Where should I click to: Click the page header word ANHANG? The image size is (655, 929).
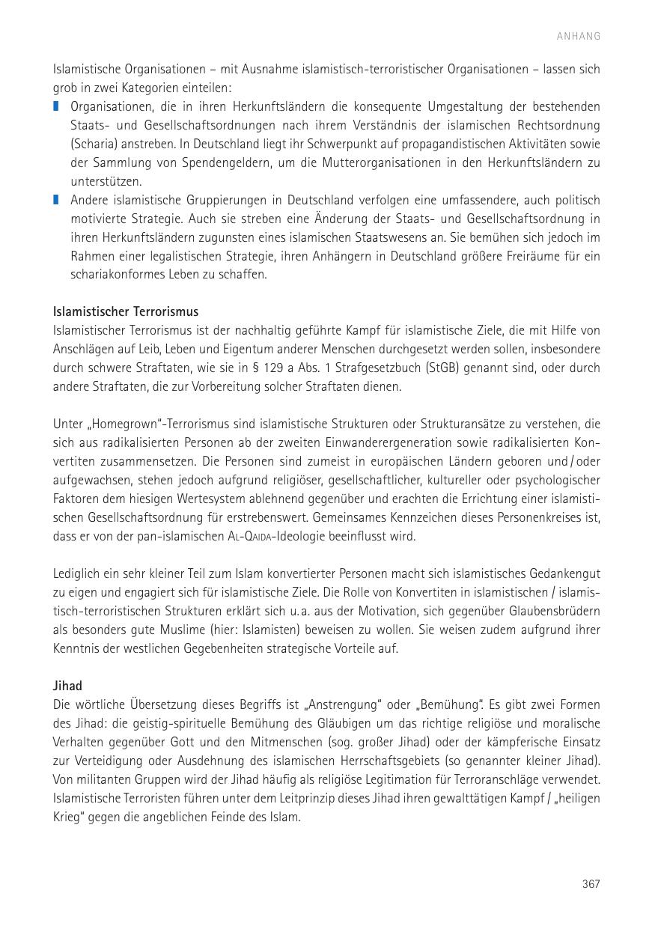point(578,36)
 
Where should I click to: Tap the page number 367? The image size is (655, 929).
point(591,884)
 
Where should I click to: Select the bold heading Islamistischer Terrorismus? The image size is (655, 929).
point(126,311)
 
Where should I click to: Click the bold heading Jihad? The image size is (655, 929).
point(67,686)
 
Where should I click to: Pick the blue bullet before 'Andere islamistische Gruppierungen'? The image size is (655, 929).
point(56,201)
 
